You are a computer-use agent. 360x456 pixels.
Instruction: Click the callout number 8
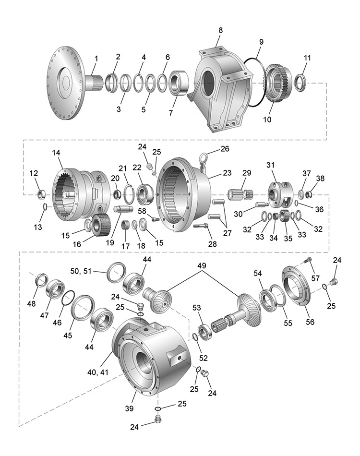click(x=220, y=30)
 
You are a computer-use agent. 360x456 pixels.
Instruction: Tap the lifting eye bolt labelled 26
click(x=204, y=159)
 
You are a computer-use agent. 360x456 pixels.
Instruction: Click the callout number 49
click(x=201, y=265)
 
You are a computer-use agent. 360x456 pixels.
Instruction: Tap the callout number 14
click(x=57, y=153)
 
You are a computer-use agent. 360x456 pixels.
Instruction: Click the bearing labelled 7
click(x=180, y=83)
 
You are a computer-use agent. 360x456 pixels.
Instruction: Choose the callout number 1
click(x=96, y=59)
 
